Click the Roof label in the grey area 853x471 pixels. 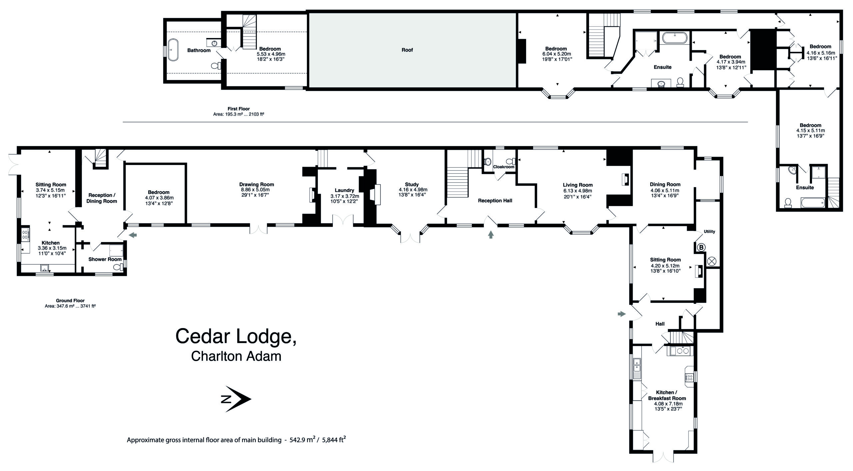click(x=407, y=50)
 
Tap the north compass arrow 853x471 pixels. click(x=236, y=399)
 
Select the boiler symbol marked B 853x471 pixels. click(x=701, y=247)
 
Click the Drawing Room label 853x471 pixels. click(x=257, y=184)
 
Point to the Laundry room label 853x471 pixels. click(x=345, y=191)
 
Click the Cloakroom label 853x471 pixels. click(x=503, y=167)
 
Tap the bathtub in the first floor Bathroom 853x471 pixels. click(x=173, y=50)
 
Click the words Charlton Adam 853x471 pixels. click(x=236, y=356)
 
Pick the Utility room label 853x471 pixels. click(x=709, y=231)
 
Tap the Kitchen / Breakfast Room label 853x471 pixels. click(x=667, y=395)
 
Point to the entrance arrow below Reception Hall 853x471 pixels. click(x=490, y=235)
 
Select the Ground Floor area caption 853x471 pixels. click(x=70, y=303)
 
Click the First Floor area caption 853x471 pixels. click(x=239, y=111)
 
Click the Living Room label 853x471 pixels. click(x=578, y=185)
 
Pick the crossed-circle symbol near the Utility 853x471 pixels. click(x=711, y=261)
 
